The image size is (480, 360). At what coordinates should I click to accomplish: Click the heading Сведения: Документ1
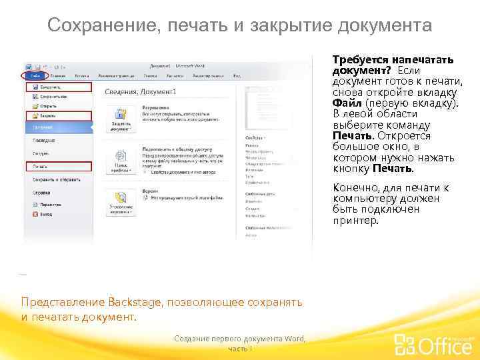140,91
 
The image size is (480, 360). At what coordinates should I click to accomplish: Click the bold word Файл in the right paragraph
347,103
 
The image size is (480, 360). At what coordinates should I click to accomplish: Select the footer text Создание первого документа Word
239,339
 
